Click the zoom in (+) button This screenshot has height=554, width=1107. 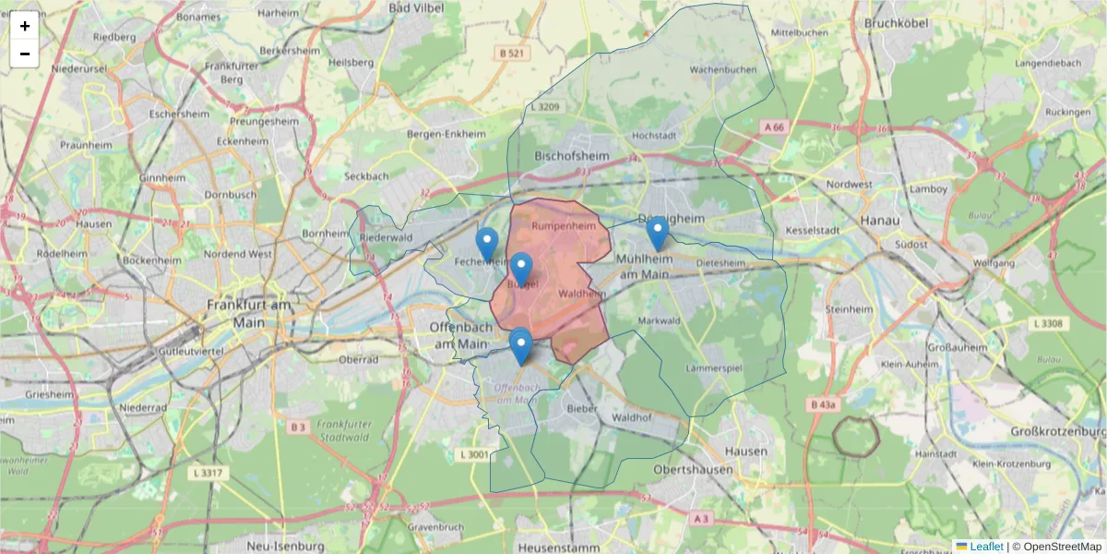25,26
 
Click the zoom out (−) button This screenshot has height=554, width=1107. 25,54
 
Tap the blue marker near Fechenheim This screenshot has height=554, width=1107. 487,244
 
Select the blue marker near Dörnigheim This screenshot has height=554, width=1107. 657,233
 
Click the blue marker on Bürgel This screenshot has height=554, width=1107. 521,269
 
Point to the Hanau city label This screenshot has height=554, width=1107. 878,221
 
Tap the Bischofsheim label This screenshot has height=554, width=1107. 572,156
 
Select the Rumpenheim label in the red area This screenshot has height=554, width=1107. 559,225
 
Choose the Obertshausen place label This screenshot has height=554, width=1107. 693,470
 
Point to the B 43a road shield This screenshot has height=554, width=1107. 823,404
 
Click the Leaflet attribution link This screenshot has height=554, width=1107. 986,547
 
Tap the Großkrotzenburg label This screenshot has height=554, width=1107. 1057,432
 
